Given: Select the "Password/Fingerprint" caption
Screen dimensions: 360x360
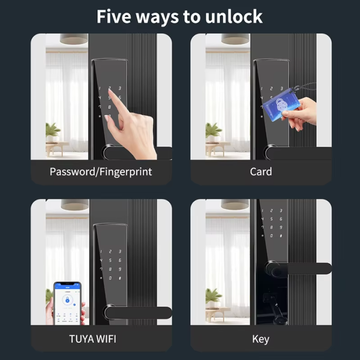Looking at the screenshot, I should pyautogui.click(x=101, y=172).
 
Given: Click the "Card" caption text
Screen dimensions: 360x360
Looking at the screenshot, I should pyautogui.click(x=261, y=172).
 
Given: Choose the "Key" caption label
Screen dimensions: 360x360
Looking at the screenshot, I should pyautogui.click(x=261, y=339).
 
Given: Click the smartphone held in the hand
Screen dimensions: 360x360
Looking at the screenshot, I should pyautogui.click(x=67, y=303).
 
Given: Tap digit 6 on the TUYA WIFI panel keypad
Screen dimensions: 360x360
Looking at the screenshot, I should pyautogui.click(x=120, y=261).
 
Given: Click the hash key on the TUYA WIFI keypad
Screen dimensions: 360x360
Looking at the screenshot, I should pyautogui.click(x=120, y=278).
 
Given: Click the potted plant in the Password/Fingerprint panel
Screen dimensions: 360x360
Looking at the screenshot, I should pyautogui.click(x=52, y=132).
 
